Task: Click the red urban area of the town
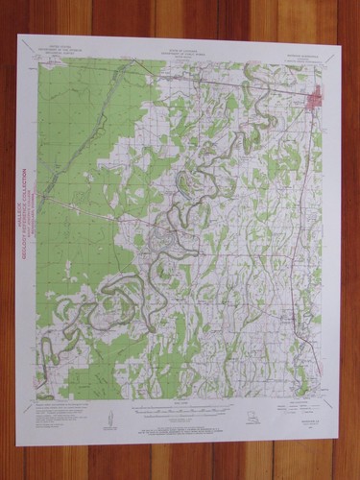pyautogui.click(x=312, y=101)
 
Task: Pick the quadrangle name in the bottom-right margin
pyautogui.click(x=309, y=402)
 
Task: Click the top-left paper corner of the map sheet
pyautogui.click(x=19, y=36)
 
